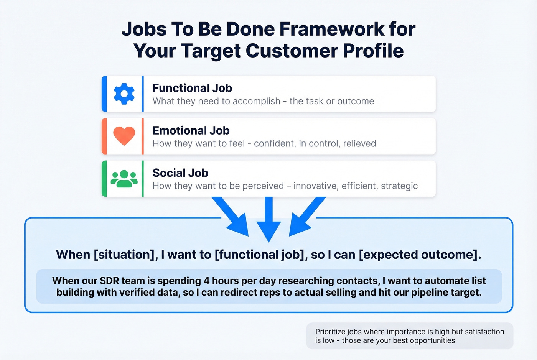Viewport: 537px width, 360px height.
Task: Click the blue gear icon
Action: point(124,94)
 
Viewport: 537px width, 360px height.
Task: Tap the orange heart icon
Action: point(124,136)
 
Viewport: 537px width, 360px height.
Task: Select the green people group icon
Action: point(124,179)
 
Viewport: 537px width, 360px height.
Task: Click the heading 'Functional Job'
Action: point(192,88)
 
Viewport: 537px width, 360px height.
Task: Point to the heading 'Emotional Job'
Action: point(191,131)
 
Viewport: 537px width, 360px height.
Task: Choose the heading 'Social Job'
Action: point(180,173)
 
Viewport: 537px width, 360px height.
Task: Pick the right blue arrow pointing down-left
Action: point(306,217)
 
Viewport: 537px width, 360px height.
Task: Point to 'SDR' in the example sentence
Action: point(109,281)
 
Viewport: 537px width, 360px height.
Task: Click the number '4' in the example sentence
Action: point(206,281)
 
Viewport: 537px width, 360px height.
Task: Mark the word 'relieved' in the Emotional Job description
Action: point(359,144)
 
